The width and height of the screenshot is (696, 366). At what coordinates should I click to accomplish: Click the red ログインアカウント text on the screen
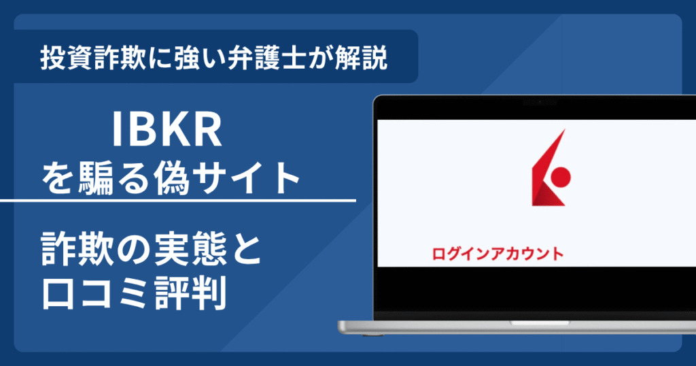(498, 254)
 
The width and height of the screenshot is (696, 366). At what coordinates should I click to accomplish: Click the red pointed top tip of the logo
(563, 132)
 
